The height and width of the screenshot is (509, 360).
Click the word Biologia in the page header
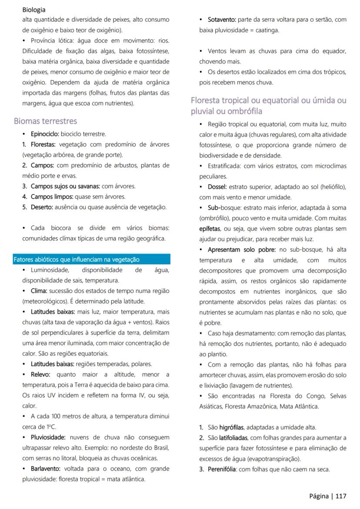click(34, 10)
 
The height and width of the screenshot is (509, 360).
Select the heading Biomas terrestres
click(45, 121)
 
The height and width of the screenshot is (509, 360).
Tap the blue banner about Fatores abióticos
click(92, 259)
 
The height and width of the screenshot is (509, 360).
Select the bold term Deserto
click(42, 207)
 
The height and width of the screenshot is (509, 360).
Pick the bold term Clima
click(39, 291)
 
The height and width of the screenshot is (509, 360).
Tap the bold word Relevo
click(40, 374)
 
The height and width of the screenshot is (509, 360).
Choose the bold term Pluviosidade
click(48, 437)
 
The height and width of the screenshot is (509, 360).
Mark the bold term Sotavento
click(222, 20)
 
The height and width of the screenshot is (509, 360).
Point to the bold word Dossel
click(217, 186)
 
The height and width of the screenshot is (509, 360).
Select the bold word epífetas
click(210, 228)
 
